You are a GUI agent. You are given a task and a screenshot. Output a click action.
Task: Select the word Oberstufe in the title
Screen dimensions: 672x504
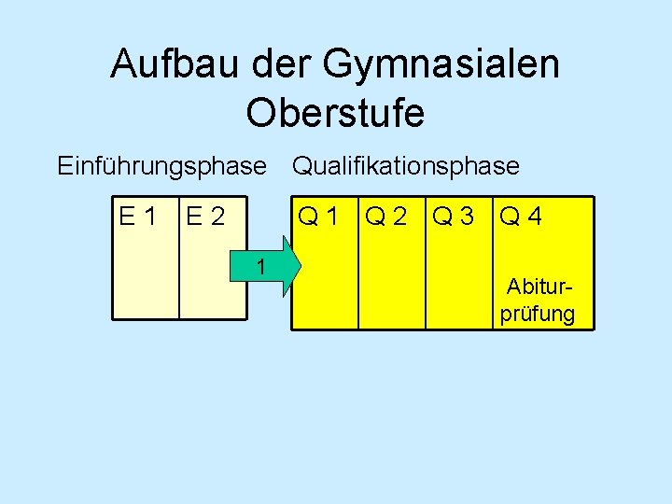(x=335, y=113)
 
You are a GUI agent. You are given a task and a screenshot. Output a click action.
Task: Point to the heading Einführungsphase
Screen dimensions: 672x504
(x=161, y=167)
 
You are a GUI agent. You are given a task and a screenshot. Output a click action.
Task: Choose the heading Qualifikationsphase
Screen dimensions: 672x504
(x=406, y=167)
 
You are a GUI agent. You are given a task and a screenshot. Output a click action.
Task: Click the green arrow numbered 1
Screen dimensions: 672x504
(x=272, y=267)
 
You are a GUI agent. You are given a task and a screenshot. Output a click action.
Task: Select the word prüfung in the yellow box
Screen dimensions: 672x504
(x=537, y=313)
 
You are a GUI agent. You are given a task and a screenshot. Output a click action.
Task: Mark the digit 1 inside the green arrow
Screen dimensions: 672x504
(x=262, y=268)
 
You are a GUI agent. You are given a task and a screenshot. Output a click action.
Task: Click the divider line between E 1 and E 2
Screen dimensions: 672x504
(x=178, y=271)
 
